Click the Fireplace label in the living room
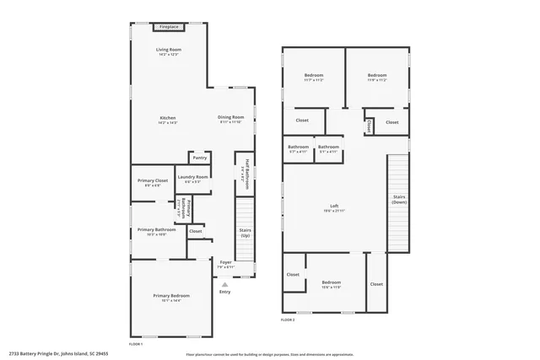[x=169, y=27]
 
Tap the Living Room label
[x=169, y=50]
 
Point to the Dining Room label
[x=230, y=117]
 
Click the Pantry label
[x=199, y=158]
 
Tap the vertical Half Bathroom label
[x=246, y=171]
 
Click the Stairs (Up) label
[x=246, y=231]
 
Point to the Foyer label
[x=225, y=262]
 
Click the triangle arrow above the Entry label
[x=224, y=284]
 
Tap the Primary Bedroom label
[x=170, y=296]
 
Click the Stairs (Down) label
[x=399, y=199]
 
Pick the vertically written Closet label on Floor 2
[x=370, y=126]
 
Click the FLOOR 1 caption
[x=136, y=344]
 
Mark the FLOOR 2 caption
[x=289, y=320]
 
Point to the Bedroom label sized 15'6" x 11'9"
[x=331, y=282]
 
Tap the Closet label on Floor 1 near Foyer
[x=195, y=231]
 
